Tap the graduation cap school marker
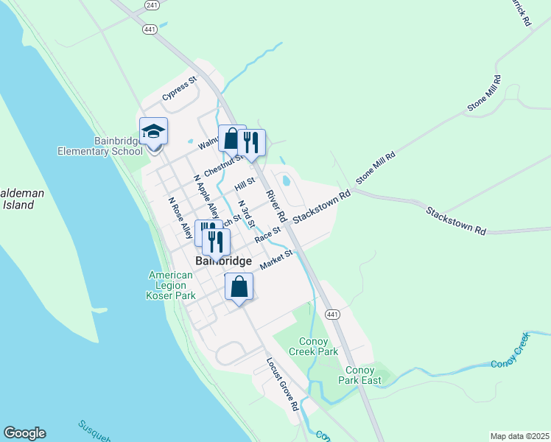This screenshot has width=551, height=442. click(x=153, y=132)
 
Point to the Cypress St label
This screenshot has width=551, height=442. click(x=180, y=90)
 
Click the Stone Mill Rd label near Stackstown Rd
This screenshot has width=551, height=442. click(x=376, y=169)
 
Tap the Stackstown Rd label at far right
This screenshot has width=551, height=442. click(x=455, y=220)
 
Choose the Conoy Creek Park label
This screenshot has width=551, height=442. click(x=318, y=346)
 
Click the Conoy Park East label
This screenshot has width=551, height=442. click(x=360, y=375)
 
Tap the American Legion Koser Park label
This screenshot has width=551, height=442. click(x=170, y=285)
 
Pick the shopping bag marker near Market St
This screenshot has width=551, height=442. click(x=239, y=287)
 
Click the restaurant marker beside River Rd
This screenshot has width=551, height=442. click(x=252, y=142)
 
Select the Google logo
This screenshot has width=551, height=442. click(x=24, y=433)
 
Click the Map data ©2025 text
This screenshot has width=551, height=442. click(x=519, y=436)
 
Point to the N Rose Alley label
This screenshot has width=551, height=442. click(x=180, y=218)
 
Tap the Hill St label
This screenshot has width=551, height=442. click(x=245, y=183)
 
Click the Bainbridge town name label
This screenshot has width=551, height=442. click(x=224, y=262)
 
